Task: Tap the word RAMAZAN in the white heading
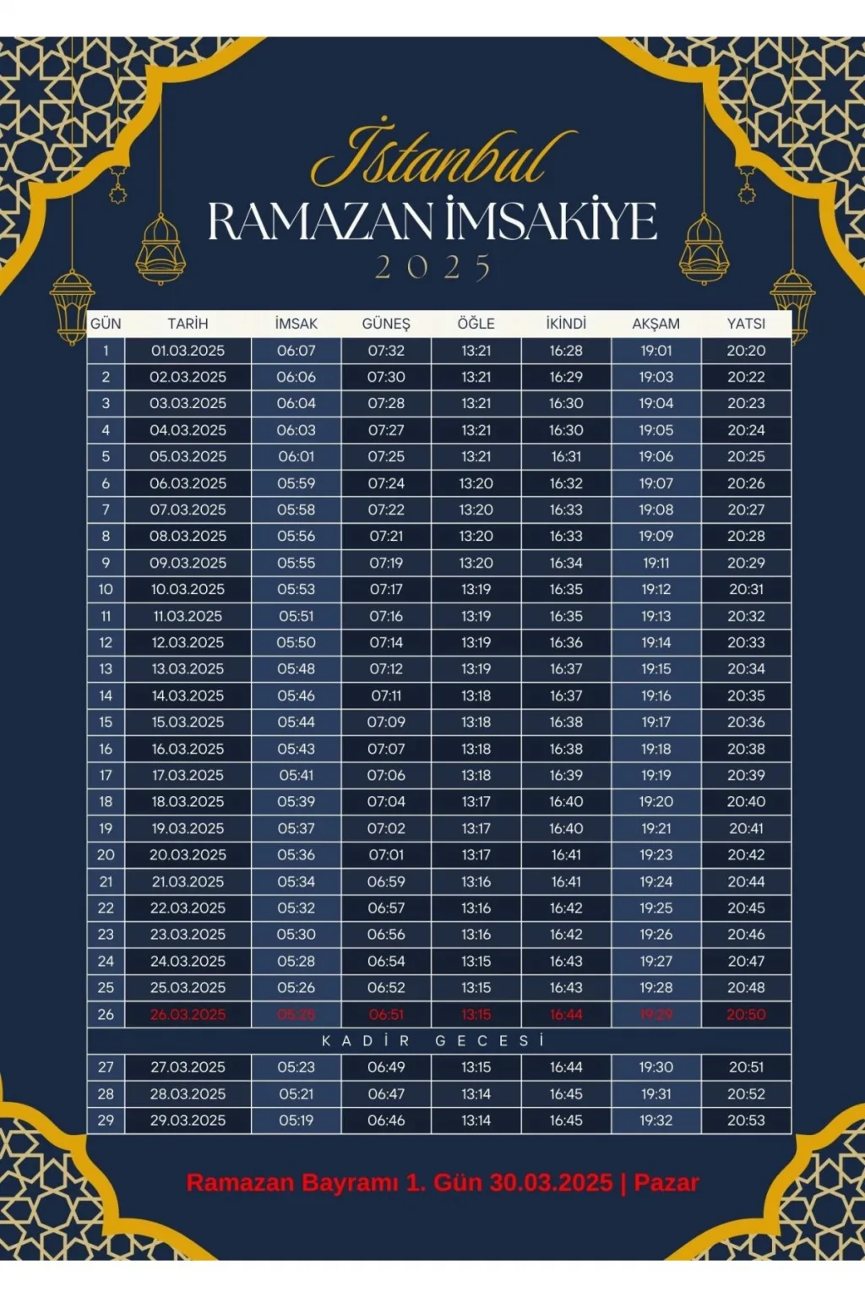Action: [x=320, y=221]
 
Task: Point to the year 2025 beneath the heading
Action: [x=432, y=268]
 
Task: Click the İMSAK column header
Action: [x=296, y=324]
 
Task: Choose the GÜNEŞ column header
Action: [x=386, y=324]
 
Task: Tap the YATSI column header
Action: [x=746, y=324]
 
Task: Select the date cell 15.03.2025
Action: [x=188, y=723]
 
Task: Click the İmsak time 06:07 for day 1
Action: [x=296, y=351]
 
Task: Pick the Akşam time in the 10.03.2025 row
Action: [x=656, y=589]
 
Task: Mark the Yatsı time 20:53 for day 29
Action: [x=746, y=1121]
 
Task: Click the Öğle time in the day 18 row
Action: [x=476, y=802]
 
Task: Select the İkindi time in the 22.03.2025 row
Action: [x=566, y=908]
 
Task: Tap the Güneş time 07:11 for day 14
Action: [x=386, y=696]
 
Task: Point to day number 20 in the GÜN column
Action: [x=106, y=855]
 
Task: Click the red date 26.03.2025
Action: [x=188, y=1015]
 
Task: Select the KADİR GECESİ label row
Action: [x=432, y=1041]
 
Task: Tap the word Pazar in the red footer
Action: [x=666, y=1183]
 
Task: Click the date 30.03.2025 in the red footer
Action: [x=551, y=1183]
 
